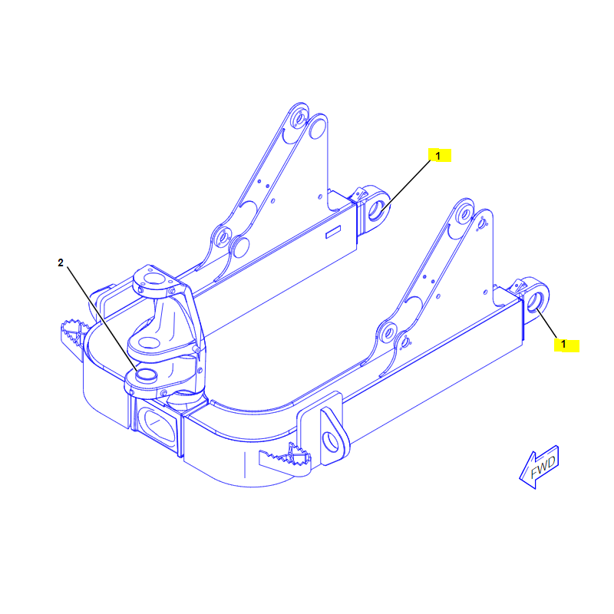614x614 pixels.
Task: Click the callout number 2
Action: pyautogui.click(x=61, y=262)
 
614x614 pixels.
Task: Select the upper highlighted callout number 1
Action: pyautogui.click(x=438, y=156)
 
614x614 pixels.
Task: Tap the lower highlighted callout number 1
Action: pyautogui.click(x=563, y=344)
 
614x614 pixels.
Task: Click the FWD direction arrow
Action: pyautogui.click(x=540, y=467)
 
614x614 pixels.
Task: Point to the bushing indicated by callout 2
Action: pyautogui.click(x=146, y=375)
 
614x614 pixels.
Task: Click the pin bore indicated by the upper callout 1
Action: pyautogui.click(x=376, y=211)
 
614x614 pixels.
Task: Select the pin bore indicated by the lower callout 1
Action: pyautogui.click(x=534, y=301)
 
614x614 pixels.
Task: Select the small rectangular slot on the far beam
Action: pyautogui.click(x=333, y=232)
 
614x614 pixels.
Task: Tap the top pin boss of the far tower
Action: pyautogui.click(x=299, y=118)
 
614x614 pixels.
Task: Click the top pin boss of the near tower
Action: pyautogui.click(x=465, y=214)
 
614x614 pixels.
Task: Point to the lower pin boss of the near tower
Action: pyautogui.click(x=388, y=333)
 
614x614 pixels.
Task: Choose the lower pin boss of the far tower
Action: pyautogui.click(x=223, y=237)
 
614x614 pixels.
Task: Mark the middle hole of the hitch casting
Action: pyautogui.click(x=149, y=342)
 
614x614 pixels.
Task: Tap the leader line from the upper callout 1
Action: pyautogui.click(x=405, y=186)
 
